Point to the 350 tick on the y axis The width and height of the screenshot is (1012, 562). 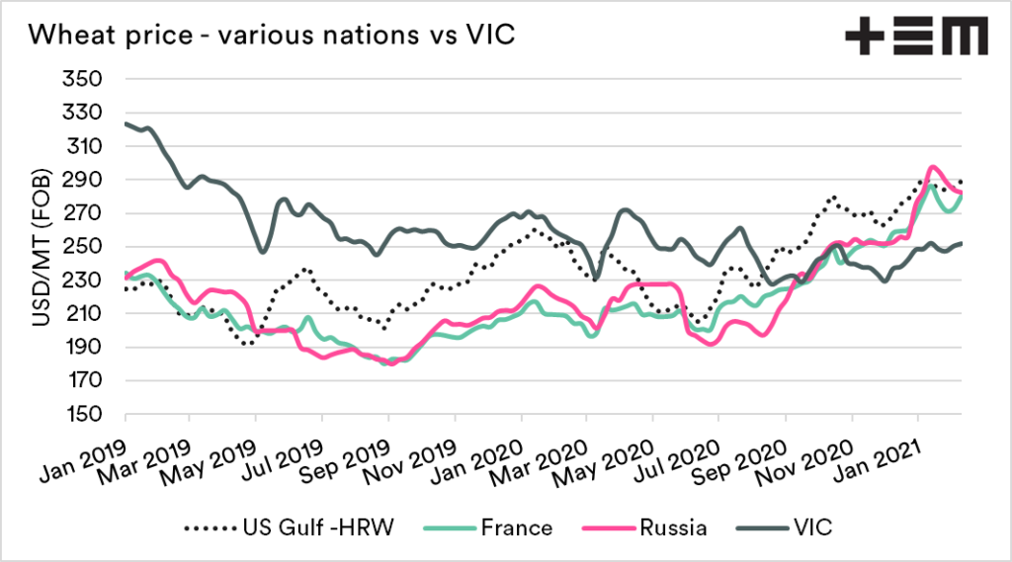(86, 79)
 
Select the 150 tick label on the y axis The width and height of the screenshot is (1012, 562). (86, 414)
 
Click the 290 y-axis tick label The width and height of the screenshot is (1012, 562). (86, 180)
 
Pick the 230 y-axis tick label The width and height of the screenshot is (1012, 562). (86, 280)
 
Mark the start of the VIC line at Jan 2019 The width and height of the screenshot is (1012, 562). (126, 123)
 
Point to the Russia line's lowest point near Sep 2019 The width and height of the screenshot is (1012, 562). (392, 363)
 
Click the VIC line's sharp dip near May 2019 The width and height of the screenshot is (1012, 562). (262, 251)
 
